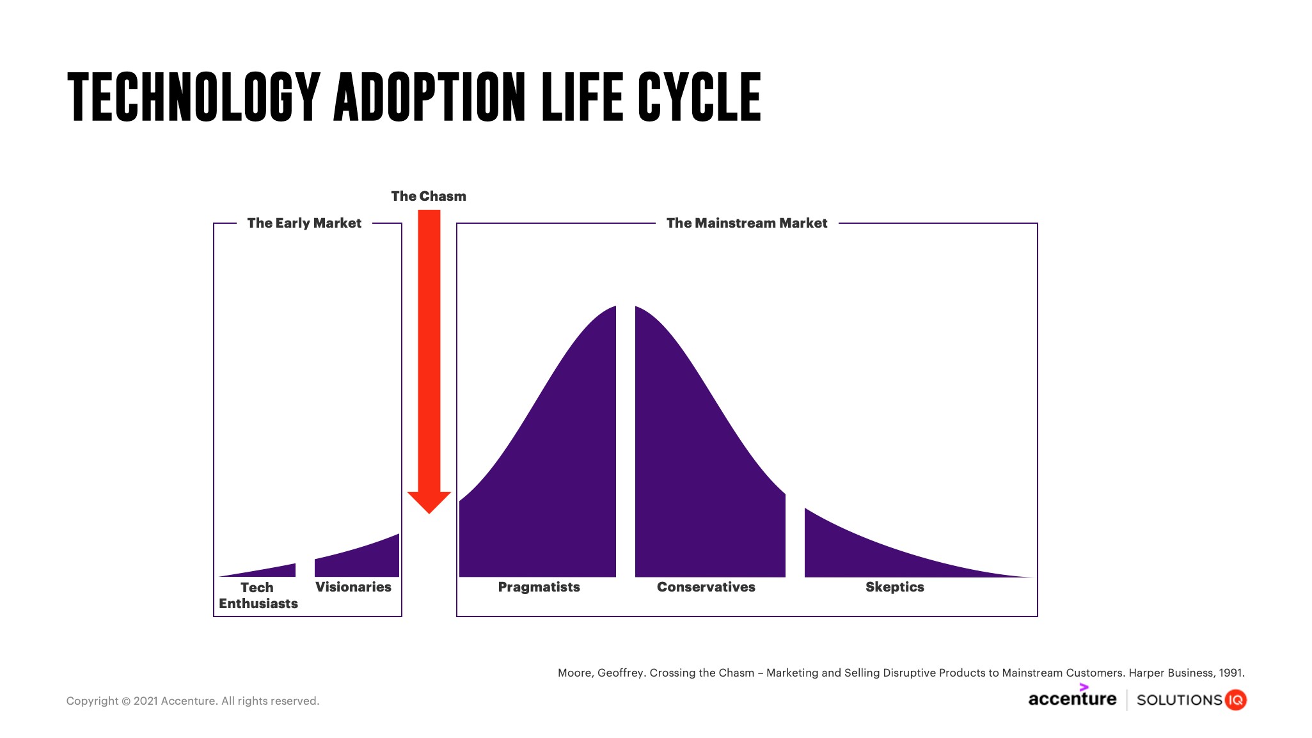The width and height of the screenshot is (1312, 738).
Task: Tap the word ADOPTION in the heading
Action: pos(429,97)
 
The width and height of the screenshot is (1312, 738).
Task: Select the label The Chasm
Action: pos(429,196)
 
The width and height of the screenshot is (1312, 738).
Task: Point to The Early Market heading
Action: pos(304,223)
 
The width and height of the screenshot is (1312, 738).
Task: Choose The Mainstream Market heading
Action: pos(747,223)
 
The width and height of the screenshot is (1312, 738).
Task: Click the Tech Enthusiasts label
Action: pos(258,595)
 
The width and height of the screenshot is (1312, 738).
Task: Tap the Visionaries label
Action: pos(353,587)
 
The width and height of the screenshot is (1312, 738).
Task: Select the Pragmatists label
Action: pos(539,587)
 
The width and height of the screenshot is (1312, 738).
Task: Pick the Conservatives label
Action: pos(706,587)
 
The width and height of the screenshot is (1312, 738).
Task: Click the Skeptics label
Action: pos(894,587)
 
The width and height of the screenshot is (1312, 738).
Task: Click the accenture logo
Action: pos(1072,698)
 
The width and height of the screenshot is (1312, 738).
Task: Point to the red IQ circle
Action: pos(1236,700)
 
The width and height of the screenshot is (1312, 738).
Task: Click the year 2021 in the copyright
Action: pos(146,701)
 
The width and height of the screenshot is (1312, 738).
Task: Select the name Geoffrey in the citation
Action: pos(620,673)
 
